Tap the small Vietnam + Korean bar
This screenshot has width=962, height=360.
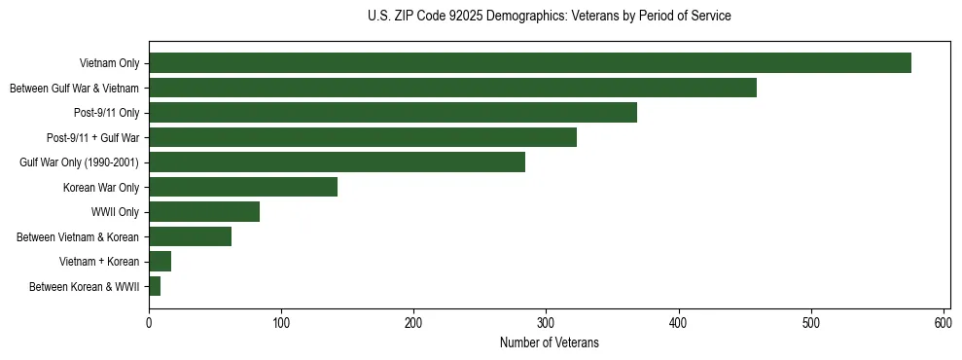160,261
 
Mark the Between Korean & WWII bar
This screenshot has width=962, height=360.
155,286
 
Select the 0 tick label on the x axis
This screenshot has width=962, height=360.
149,322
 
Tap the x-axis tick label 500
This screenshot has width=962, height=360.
811,322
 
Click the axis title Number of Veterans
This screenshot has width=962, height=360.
549,342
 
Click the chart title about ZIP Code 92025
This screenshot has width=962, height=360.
549,17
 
